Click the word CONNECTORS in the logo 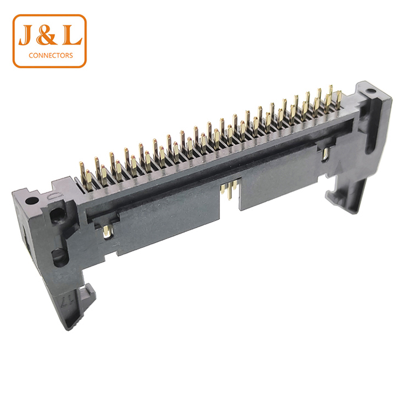click(51, 55)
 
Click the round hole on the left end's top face click(32, 201)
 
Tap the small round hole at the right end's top click(370, 91)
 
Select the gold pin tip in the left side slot click(107, 231)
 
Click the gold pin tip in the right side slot click(325, 154)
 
